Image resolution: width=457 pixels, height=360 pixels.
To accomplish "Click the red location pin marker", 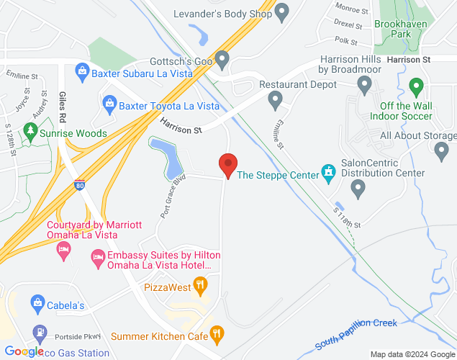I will coord(228,165).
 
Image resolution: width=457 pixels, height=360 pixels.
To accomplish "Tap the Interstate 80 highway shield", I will coord(79,185).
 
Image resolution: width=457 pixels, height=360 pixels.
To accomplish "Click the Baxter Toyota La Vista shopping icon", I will coord(109,105).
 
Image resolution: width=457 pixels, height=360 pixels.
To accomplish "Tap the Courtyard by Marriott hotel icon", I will coord(63,250).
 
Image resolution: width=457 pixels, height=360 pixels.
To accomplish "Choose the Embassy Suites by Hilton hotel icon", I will coord(97,256).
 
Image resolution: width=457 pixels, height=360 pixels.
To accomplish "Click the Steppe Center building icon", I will coord(329,173).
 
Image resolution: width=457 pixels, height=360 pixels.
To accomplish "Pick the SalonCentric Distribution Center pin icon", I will coord(358,189).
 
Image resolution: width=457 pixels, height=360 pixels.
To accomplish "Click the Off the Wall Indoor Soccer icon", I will coord(415,88).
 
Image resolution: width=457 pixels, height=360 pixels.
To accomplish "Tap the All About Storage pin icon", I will coord(442,150).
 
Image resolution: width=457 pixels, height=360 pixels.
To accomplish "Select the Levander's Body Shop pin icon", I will coord(282,13).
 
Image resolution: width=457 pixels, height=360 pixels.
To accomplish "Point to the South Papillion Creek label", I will coord(356,334).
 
